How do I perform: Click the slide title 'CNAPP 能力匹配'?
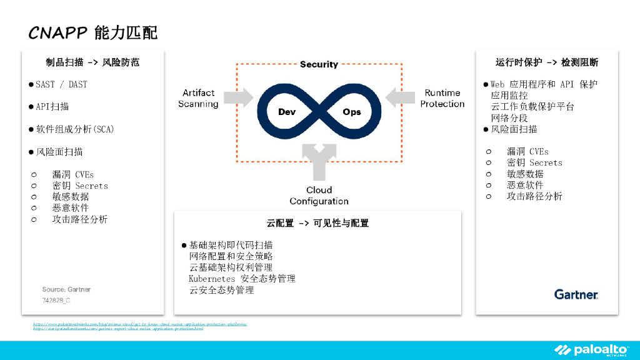click(93, 32)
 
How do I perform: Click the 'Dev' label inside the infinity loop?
click(287, 112)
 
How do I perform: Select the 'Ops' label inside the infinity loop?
click(352, 112)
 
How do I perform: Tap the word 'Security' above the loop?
click(319, 64)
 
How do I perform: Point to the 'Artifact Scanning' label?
click(198, 98)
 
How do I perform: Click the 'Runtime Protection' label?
click(442, 98)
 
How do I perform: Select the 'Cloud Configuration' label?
click(319, 196)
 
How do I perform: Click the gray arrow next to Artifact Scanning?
click(238, 97)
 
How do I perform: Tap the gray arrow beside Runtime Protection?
click(400, 97)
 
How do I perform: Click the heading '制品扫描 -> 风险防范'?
click(92, 62)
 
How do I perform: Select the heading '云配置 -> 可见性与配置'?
click(317, 223)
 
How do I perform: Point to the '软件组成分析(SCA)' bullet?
click(74, 129)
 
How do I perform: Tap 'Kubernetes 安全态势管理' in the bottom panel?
click(242, 279)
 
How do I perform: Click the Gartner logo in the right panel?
click(576, 294)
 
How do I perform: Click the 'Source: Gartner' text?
click(66, 289)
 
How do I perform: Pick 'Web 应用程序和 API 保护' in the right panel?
click(544, 84)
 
